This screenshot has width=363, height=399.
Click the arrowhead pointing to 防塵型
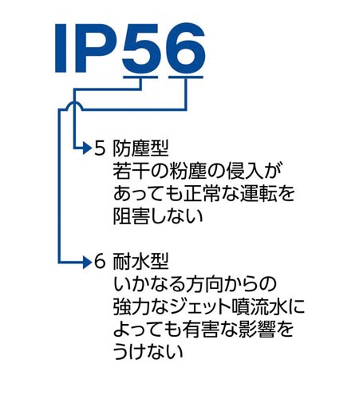coord(89,148)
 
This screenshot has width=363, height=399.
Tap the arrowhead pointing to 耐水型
coord(89,261)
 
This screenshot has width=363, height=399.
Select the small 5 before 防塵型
coord(100,148)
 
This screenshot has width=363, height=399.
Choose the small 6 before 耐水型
coord(100,261)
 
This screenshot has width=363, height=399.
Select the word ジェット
coord(206,306)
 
